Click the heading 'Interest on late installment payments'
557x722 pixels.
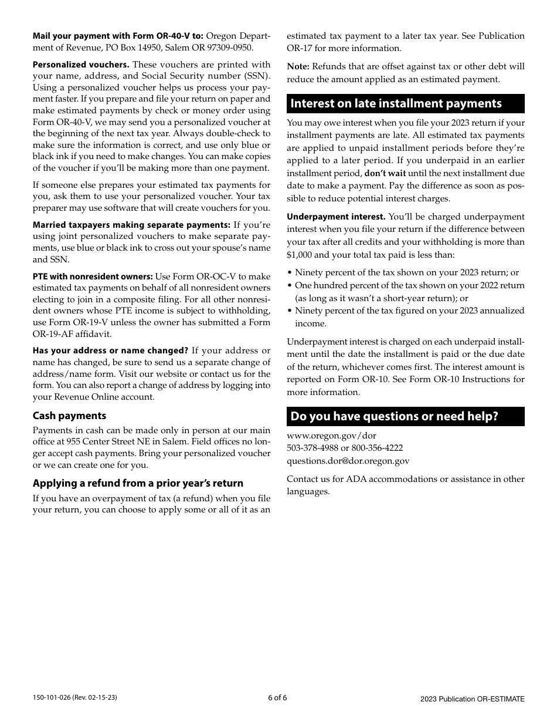(x=396, y=104)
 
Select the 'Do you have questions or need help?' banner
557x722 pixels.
(x=395, y=417)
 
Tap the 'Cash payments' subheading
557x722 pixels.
(x=69, y=416)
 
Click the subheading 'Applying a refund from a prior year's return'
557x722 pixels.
(x=138, y=483)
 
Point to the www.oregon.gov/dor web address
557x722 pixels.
(x=331, y=436)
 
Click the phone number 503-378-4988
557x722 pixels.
(x=313, y=448)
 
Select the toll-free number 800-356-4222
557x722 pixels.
(x=377, y=448)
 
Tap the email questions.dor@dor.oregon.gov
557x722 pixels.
(x=348, y=461)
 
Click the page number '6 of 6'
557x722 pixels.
(x=277, y=698)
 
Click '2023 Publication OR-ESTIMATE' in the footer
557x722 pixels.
(x=472, y=699)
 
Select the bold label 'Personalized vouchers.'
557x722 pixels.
(x=81, y=65)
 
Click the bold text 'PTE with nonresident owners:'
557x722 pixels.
(x=93, y=276)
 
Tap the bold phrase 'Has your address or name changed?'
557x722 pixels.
(x=110, y=351)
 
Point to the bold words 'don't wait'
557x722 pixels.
(x=384, y=173)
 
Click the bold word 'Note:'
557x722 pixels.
(x=298, y=66)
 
